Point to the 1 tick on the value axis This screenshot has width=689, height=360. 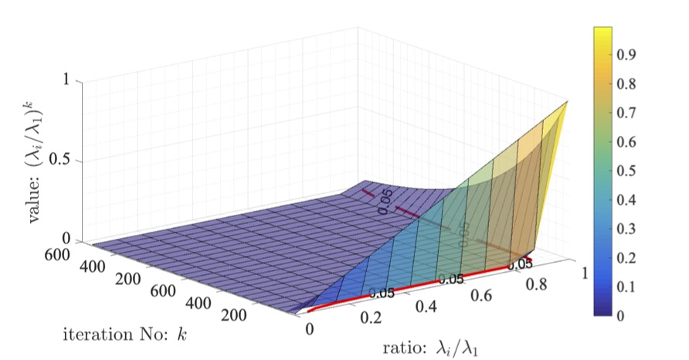pyautogui.click(x=68, y=80)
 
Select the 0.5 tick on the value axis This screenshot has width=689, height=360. pyautogui.click(x=60, y=161)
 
